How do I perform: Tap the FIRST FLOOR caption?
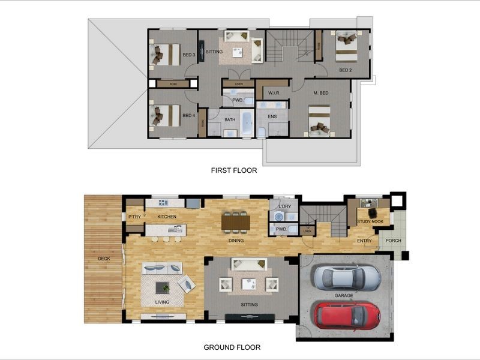[x=234, y=170]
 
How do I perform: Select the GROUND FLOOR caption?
[x=232, y=347]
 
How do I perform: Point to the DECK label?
[x=104, y=259]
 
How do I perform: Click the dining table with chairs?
[x=235, y=222]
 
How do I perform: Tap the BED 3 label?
[x=188, y=55]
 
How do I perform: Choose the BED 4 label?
[x=188, y=116]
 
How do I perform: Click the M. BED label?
[x=321, y=93]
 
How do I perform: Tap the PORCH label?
[x=394, y=241]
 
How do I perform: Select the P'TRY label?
[x=134, y=217]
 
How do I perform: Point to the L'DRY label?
[x=285, y=206]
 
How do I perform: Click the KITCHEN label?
[x=167, y=217]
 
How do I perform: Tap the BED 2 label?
[x=345, y=71]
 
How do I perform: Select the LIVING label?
[x=162, y=302]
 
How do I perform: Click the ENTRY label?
[x=364, y=241]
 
